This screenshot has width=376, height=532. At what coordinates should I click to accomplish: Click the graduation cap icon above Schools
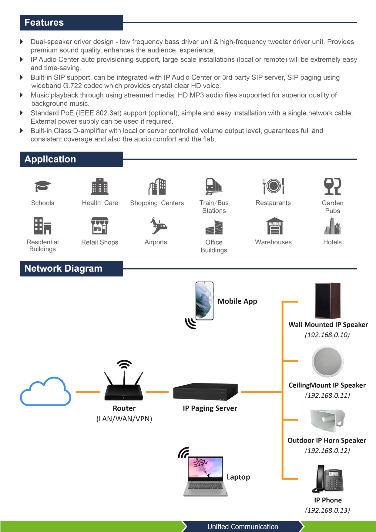[42, 186]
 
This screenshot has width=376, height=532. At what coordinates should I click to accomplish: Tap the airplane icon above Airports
[158, 226]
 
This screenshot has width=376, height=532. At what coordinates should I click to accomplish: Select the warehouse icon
[275, 226]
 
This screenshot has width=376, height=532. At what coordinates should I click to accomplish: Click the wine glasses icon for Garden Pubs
[332, 186]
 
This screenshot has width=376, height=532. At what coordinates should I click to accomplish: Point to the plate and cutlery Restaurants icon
[273, 186]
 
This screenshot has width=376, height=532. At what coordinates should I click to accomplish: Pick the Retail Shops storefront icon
[100, 226]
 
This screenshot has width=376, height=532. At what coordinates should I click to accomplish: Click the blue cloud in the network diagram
[45, 392]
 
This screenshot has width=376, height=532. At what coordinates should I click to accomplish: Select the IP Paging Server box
[205, 392]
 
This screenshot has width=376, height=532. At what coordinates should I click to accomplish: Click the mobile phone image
[204, 301]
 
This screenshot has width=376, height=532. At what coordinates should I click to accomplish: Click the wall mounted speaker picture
[327, 300]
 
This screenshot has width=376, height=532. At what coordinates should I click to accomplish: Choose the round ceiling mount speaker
[327, 361]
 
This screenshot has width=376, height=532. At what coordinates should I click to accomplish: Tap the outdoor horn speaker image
[327, 420]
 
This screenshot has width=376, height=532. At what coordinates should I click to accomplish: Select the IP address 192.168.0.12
[327, 450]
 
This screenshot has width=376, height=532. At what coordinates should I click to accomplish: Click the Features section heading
[44, 23]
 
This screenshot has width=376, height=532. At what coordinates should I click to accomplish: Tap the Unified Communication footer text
[243, 527]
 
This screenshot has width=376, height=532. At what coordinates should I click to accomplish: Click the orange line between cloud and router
[88, 392]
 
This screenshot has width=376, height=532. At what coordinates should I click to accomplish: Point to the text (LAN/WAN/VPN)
[124, 419]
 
